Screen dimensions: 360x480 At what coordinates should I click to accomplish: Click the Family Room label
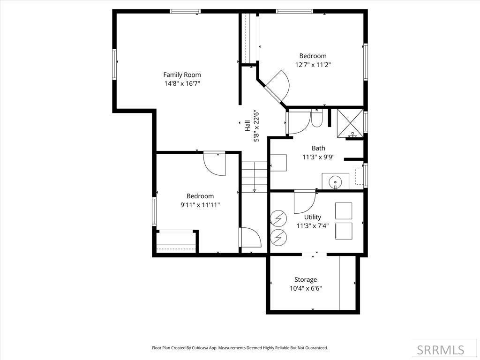coord(182,75)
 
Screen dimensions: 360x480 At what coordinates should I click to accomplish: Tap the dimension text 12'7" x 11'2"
coord(313,65)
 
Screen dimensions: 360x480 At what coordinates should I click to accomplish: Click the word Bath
coord(318,148)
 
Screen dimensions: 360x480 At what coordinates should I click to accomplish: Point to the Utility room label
coord(312,217)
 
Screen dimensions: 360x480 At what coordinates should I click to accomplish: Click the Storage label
coord(306,279)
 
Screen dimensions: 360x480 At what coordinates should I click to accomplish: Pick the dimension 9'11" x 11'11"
coord(200,205)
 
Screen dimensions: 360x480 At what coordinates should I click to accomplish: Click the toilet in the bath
coord(317,119)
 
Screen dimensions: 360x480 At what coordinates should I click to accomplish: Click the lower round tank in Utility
coord(278,237)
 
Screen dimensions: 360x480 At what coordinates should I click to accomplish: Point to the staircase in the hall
coord(255,176)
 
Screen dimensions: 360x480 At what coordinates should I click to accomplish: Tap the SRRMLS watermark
coord(441,350)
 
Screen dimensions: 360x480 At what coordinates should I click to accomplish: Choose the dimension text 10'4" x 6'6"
coord(306,289)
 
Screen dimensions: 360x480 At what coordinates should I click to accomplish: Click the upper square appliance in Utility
coord(344,210)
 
